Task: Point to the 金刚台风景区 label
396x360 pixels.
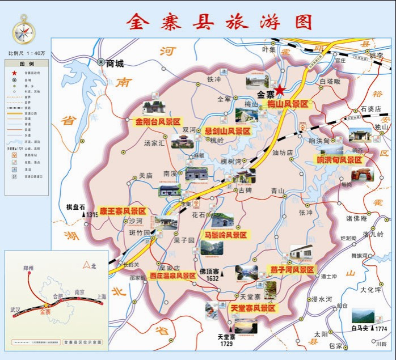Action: click(157, 121)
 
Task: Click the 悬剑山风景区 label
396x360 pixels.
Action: click(228, 130)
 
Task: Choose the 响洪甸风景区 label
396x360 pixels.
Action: click(339, 160)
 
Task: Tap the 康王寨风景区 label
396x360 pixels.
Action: click(123, 210)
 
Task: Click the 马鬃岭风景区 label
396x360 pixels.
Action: click(225, 234)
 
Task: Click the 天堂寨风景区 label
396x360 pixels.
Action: click(252, 308)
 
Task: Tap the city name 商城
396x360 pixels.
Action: click(115, 63)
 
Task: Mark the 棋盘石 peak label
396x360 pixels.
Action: click(75, 207)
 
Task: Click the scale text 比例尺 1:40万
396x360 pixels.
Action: click(27, 53)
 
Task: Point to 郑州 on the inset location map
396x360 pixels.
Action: click(30, 268)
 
